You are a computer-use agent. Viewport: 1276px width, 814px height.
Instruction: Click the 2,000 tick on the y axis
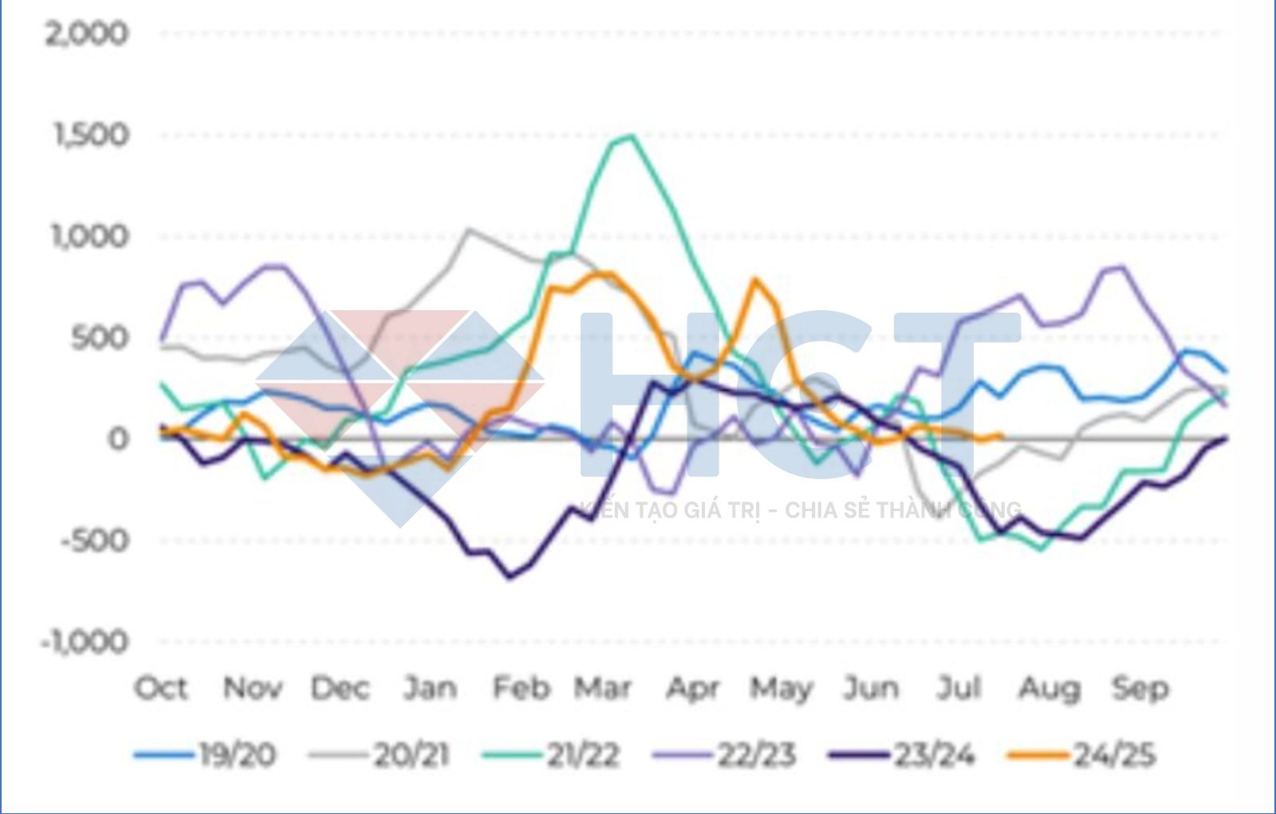tap(86, 33)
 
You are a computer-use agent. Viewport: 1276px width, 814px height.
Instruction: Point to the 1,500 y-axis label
tap(90, 134)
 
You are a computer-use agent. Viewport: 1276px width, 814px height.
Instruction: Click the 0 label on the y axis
tap(116, 438)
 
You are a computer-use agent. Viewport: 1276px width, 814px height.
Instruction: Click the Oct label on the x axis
tap(162, 687)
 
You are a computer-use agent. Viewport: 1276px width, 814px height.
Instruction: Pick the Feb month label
tap(521, 687)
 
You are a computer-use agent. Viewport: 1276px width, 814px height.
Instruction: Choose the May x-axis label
tap(781, 687)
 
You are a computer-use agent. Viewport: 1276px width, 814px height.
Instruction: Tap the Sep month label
tap(1140, 687)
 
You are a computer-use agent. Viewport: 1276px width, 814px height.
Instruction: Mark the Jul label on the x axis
tap(958, 687)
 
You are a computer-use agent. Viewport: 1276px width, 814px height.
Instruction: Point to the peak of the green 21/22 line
tap(631, 136)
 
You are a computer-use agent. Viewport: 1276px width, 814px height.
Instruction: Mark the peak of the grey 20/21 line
tap(468, 230)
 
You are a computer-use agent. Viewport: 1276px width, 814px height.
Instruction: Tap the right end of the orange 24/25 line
tap(1001, 435)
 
